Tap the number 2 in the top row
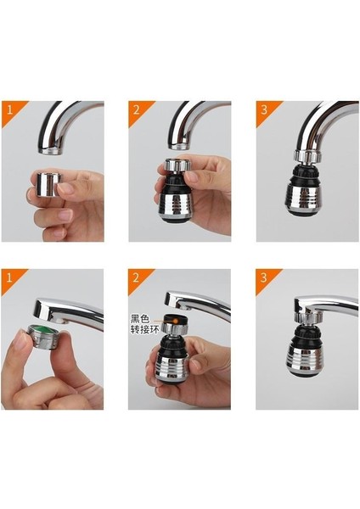(x=135, y=109)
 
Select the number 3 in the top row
(x=262, y=109)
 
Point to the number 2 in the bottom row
(x=135, y=277)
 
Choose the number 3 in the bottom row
(x=262, y=277)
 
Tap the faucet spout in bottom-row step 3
(x=327, y=305)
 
